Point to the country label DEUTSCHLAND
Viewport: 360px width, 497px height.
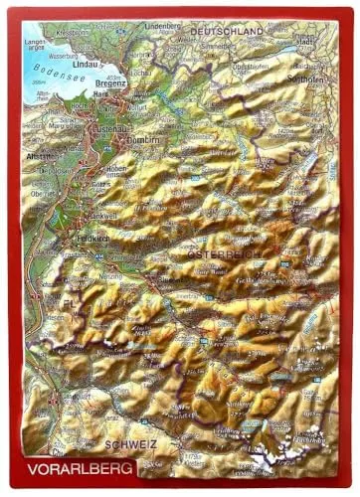(x=227, y=32)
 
